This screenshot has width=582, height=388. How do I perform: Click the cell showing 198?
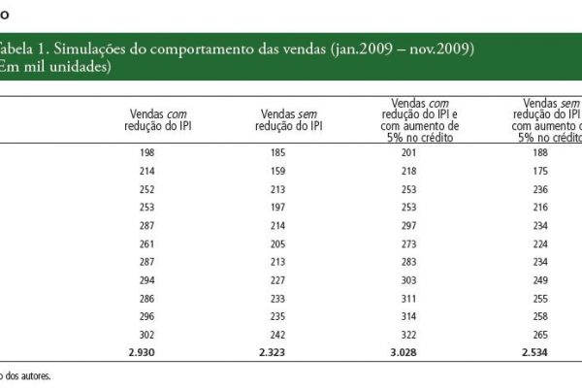click(x=147, y=152)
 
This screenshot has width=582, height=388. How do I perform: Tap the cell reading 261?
click(x=147, y=243)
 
